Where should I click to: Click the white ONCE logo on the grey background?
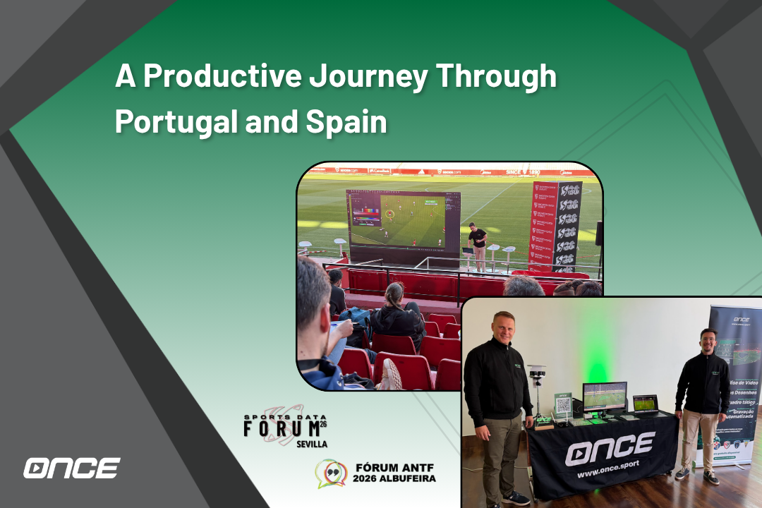pos(71,468)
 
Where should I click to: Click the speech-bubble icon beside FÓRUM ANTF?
pos(330,473)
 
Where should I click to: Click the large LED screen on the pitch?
pos(403,219)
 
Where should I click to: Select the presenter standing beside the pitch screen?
pos(479,244)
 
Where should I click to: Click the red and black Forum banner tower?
pos(557,226)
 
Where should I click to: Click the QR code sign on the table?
pos(562,406)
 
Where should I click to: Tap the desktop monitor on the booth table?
pos(604,398)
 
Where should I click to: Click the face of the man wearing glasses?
pos(708,340)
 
